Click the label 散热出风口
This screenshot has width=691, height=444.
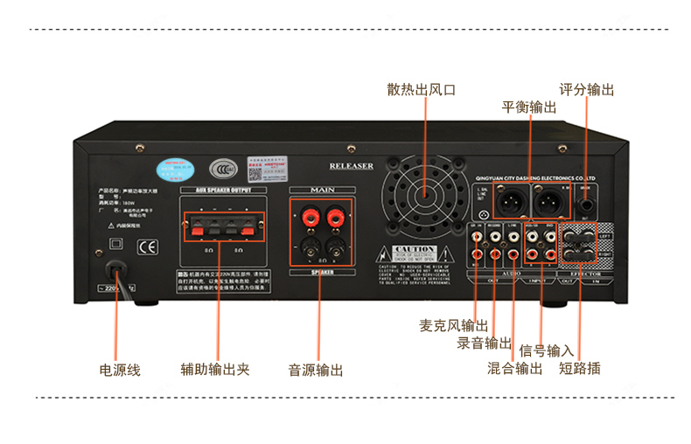(x=422, y=90)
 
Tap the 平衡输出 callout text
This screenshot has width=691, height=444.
(x=528, y=108)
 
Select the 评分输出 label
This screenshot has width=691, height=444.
(x=587, y=90)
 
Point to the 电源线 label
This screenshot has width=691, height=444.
(x=120, y=370)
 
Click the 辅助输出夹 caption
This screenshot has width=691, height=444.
(x=215, y=370)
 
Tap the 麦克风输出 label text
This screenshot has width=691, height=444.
(x=454, y=325)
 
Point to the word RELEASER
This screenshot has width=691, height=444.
(x=352, y=166)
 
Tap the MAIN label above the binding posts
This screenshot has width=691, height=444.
(x=322, y=189)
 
